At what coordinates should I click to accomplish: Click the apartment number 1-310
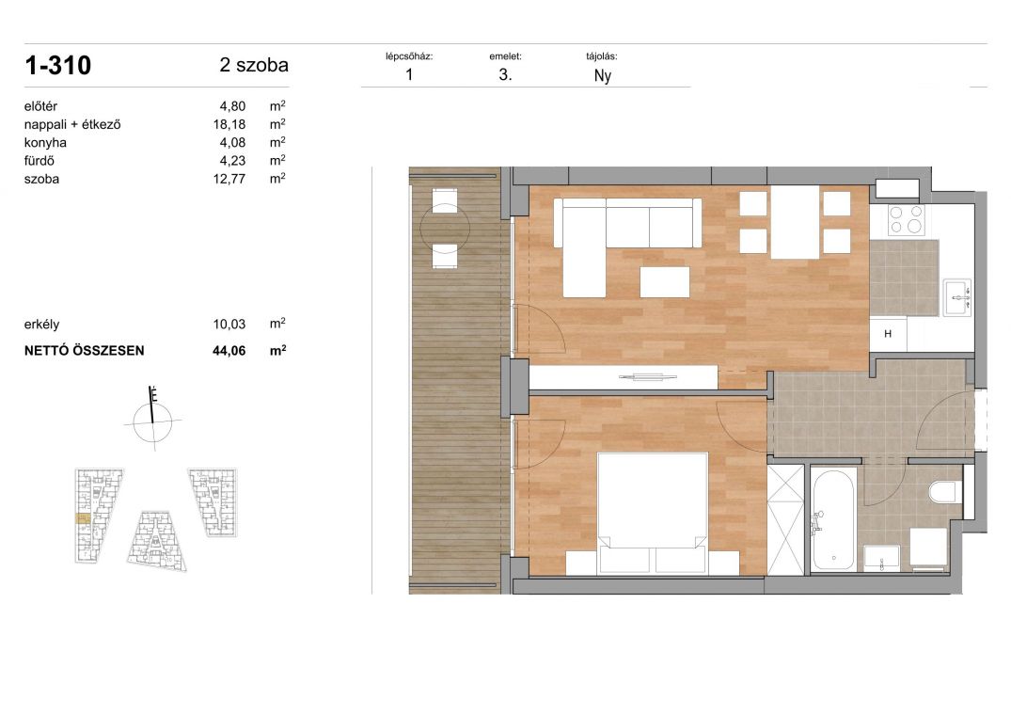point(58,65)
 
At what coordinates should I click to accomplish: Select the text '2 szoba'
point(254,65)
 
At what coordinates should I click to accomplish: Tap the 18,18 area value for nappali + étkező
point(229,124)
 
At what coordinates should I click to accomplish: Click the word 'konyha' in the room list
point(45,142)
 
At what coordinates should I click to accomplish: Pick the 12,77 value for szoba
point(229,179)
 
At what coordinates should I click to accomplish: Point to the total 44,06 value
point(229,351)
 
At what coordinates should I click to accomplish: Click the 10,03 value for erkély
point(229,325)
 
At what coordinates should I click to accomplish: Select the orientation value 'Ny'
point(602,76)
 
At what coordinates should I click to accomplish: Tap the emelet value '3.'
point(506,74)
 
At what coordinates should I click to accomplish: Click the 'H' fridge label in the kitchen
point(888,334)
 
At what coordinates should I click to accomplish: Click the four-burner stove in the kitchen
point(906,219)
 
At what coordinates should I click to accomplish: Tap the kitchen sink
point(957,298)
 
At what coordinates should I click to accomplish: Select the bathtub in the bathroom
point(833,520)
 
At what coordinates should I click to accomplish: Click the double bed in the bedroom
point(652,514)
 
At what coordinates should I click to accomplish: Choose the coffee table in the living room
point(665,281)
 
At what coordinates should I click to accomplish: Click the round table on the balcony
point(445,228)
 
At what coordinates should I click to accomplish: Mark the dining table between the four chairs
point(795,222)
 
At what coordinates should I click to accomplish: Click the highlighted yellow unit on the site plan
point(83,517)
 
